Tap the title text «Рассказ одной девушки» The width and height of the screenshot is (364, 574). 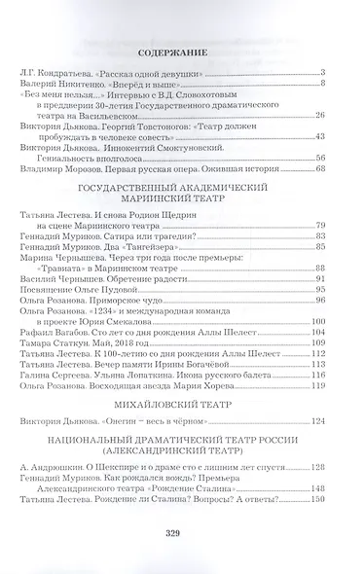(144, 74)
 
